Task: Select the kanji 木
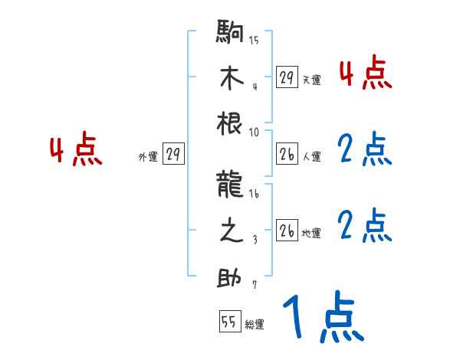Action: [230, 80]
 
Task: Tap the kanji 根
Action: [230, 126]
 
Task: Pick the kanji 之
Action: [230, 231]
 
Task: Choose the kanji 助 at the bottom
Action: [230, 277]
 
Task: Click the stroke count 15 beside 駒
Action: [255, 41]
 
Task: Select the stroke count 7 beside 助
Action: [255, 285]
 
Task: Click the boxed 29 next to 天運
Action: [286, 77]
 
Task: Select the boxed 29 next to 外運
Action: [172, 154]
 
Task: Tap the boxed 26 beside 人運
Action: [286, 154]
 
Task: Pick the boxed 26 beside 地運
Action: [286, 231]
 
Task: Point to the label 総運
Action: [255, 325]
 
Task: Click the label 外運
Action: [147, 157]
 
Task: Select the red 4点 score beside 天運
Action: [365, 75]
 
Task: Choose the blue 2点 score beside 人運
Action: [365, 150]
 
